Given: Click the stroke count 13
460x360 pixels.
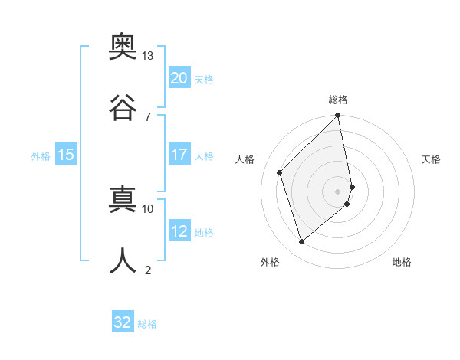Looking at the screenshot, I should click(x=147, y=56).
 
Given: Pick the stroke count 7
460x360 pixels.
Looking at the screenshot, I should click(x=147, y=116).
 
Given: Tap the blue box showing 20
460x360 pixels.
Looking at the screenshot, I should click(x=179, y=78).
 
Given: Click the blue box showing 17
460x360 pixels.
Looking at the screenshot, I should click(x=179, y=155).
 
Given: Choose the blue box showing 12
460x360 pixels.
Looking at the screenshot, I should click(x=179, y=231).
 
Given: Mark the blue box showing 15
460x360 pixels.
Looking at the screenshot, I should click(x=66, y=155).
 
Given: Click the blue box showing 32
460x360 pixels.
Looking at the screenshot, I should click(x=123, y=322).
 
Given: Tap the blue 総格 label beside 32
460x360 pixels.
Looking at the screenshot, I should click(x=147, y=324).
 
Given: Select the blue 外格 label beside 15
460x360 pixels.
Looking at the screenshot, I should click(x=41, y=156).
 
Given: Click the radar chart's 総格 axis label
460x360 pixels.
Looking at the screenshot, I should click(x=338, y=100).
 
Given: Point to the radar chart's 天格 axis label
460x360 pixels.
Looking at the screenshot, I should click(x=432, y=159).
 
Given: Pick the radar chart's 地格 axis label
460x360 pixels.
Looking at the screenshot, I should click(x=402, y=262).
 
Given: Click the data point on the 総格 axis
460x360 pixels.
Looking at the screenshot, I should click(x=338, y=116).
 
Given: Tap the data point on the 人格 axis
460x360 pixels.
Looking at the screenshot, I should click(x=280, y=172).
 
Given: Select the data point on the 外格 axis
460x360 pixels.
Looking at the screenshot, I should click(x=302, y=242).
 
